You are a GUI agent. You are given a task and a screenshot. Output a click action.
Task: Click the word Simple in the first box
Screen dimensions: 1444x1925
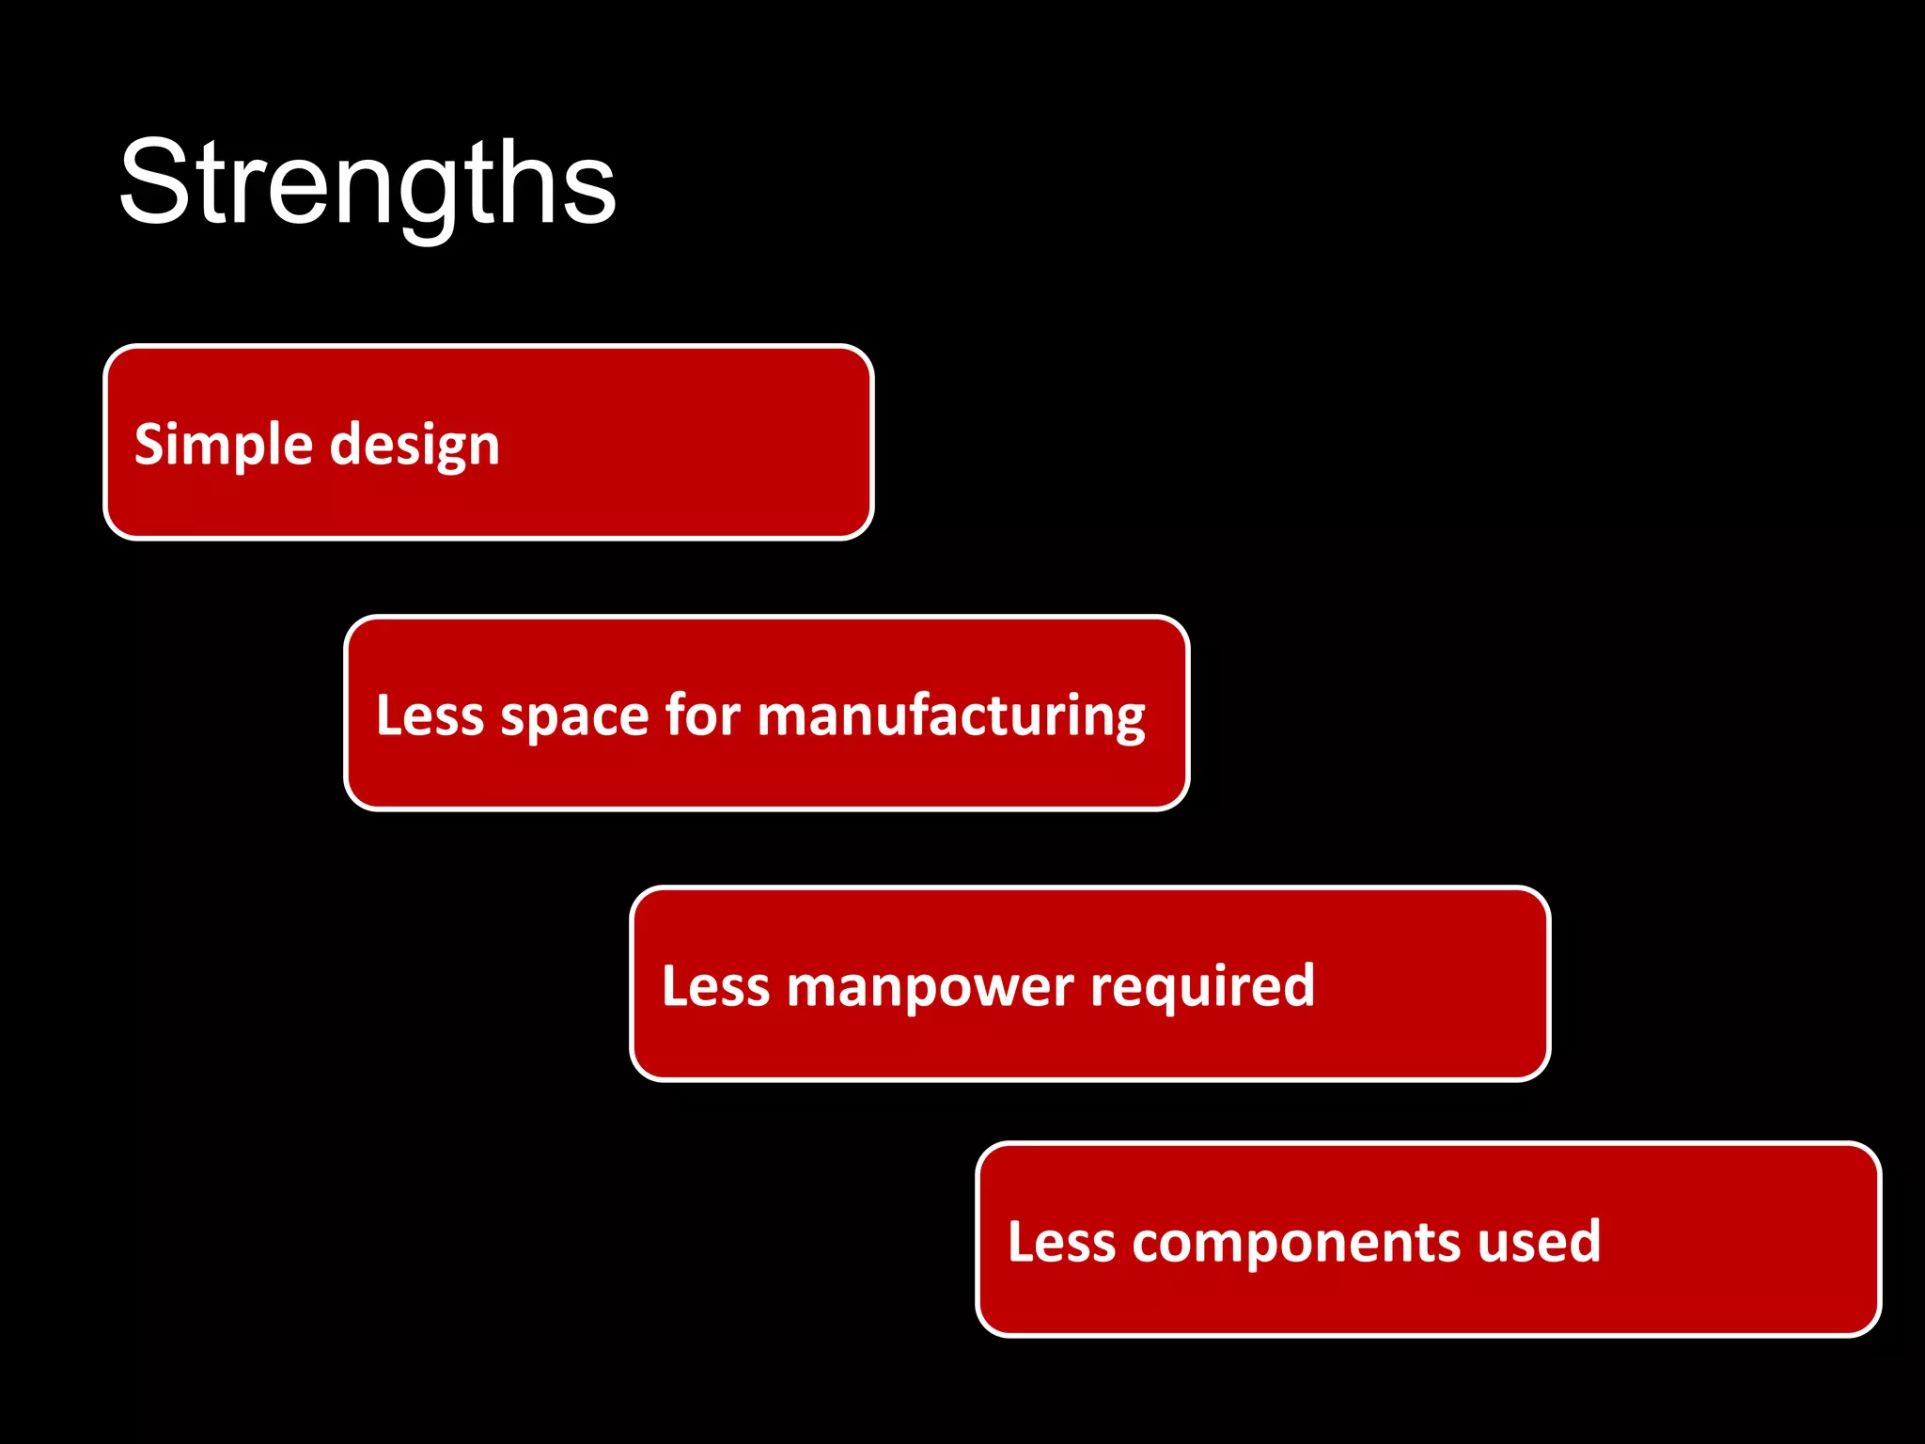pyautogui.click(x=223, y=444)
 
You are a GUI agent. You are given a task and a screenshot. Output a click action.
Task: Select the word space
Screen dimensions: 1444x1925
pyautogui.click(x=573, y=716)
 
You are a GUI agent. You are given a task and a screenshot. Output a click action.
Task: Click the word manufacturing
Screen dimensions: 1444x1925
pyautogui.click(x=951, y=716)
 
